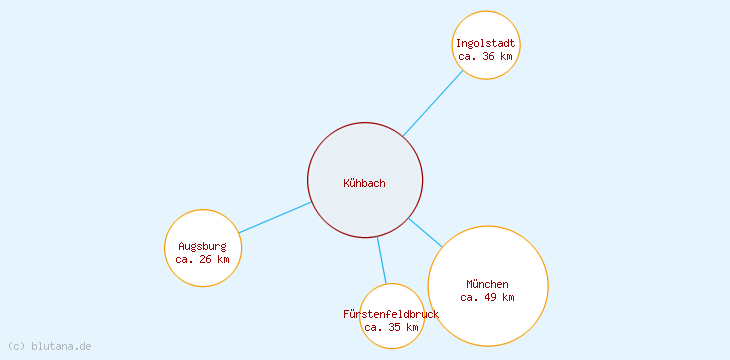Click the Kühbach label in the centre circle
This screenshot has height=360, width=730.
coord(364,183)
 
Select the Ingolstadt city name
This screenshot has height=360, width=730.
coord(486,43)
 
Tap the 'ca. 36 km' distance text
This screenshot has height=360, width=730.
coord(486,57)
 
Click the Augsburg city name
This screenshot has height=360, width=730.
coord(203,246)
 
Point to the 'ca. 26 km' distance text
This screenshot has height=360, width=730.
coord(203,259)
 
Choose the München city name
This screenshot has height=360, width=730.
coord(487,284)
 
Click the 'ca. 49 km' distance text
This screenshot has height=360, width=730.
coord(487,297)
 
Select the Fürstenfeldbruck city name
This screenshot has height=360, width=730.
coord(390,314)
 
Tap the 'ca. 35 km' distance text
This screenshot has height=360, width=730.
coord(391,327)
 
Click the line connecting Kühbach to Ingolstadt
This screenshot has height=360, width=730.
coord(433,103)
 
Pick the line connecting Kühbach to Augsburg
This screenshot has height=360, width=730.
coord(275,218)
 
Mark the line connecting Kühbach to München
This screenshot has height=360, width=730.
coord(425,232)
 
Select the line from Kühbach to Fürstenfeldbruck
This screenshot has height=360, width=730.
coord(381,260)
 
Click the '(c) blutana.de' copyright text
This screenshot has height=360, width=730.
coord(49,346)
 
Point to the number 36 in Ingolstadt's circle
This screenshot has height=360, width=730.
coord(489,57)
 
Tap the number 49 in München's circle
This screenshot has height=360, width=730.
coord(490,297)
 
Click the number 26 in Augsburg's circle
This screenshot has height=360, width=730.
coord(206,259)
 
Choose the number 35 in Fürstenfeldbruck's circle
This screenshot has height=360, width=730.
coord(394,327)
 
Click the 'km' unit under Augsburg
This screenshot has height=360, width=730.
coord(224,259)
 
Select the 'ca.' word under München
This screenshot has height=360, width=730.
coord(470,297)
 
